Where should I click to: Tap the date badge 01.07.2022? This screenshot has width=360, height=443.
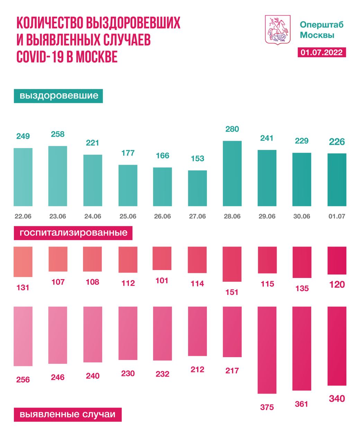(322, 52)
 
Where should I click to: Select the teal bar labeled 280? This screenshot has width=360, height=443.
(232, 173)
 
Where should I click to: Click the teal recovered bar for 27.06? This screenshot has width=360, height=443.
(197, 188)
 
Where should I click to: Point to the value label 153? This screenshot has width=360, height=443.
(197, 159)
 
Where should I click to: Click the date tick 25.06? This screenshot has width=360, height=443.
(128, 216)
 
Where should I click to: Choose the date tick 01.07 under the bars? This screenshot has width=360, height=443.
(336, 216)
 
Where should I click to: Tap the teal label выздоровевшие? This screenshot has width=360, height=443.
(58, 96)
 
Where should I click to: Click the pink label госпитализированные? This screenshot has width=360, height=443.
(73, 233)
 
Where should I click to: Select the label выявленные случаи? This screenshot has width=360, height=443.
(67, 414)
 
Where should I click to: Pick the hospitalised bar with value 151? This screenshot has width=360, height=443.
(232, 264)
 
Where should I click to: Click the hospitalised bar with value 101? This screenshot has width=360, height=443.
(162, 258)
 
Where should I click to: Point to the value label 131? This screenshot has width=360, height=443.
(23, 287)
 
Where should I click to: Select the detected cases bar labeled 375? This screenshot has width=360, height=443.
(267, 350)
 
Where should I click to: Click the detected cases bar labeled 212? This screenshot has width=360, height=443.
(197, 331)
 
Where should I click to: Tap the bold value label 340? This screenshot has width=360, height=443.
(336, 399)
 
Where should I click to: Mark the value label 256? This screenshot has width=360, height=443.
(23, 380)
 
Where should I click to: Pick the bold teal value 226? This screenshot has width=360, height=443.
(336, 142)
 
